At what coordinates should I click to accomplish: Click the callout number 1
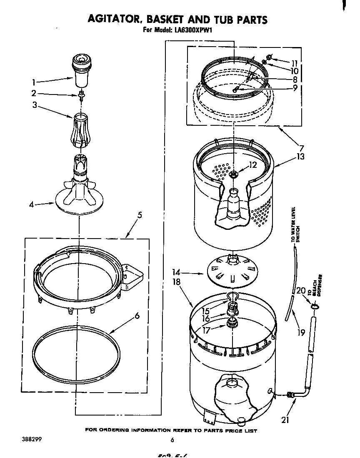[x=34, y=82]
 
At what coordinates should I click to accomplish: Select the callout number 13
[x=300, y=157]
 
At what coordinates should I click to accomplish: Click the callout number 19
[x=301, y=332]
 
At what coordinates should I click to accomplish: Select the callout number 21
[x=285, y=420]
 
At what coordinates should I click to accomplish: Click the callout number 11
[x=295, y=63]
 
